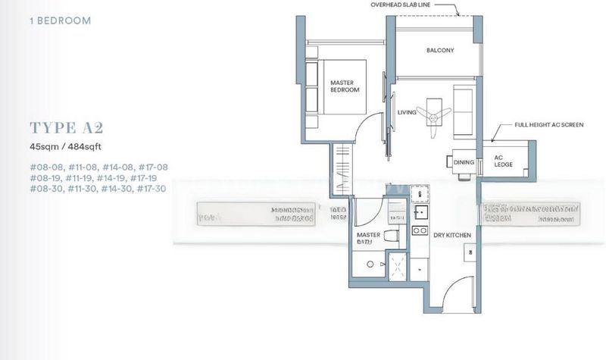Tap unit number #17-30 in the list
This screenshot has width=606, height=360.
pyautogui.click(x=150, y=188)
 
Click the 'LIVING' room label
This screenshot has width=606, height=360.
pyautogui.click(x=408, y=113)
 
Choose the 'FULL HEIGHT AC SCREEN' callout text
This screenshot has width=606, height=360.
pyautogui.click(x=549, y=124)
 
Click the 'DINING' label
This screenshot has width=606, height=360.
pyautogui.click(x=463, y=162)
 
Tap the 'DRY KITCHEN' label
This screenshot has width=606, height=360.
pyautogui.click(x=452, y=236)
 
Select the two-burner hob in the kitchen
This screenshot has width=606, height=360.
pyautogui.click(x=419, y=223)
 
